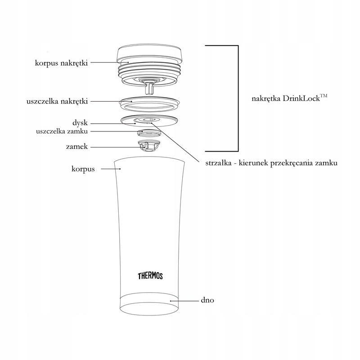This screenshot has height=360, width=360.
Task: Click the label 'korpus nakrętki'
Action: click(61, 63)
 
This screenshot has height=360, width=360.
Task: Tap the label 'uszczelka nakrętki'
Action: click(57, 101)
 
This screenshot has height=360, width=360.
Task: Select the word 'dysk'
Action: click(80, 123)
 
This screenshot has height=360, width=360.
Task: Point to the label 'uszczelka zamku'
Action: click(62, 131)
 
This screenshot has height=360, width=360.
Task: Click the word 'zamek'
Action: click(77, 147)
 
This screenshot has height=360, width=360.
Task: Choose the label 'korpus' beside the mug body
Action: click(83, 169)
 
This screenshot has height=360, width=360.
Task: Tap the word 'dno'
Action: click(207, 300)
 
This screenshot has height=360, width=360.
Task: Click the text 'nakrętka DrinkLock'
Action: click(286, 99)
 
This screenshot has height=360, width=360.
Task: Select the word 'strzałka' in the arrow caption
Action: click(218, 163)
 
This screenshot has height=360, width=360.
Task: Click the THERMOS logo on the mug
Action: click(150, 276)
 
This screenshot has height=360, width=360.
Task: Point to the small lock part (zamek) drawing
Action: click(149, 146)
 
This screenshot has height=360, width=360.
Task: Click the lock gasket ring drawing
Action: click(149, 133)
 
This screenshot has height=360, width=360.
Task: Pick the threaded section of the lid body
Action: click(149, 69)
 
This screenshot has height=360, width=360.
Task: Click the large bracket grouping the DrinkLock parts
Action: click(238, 99)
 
